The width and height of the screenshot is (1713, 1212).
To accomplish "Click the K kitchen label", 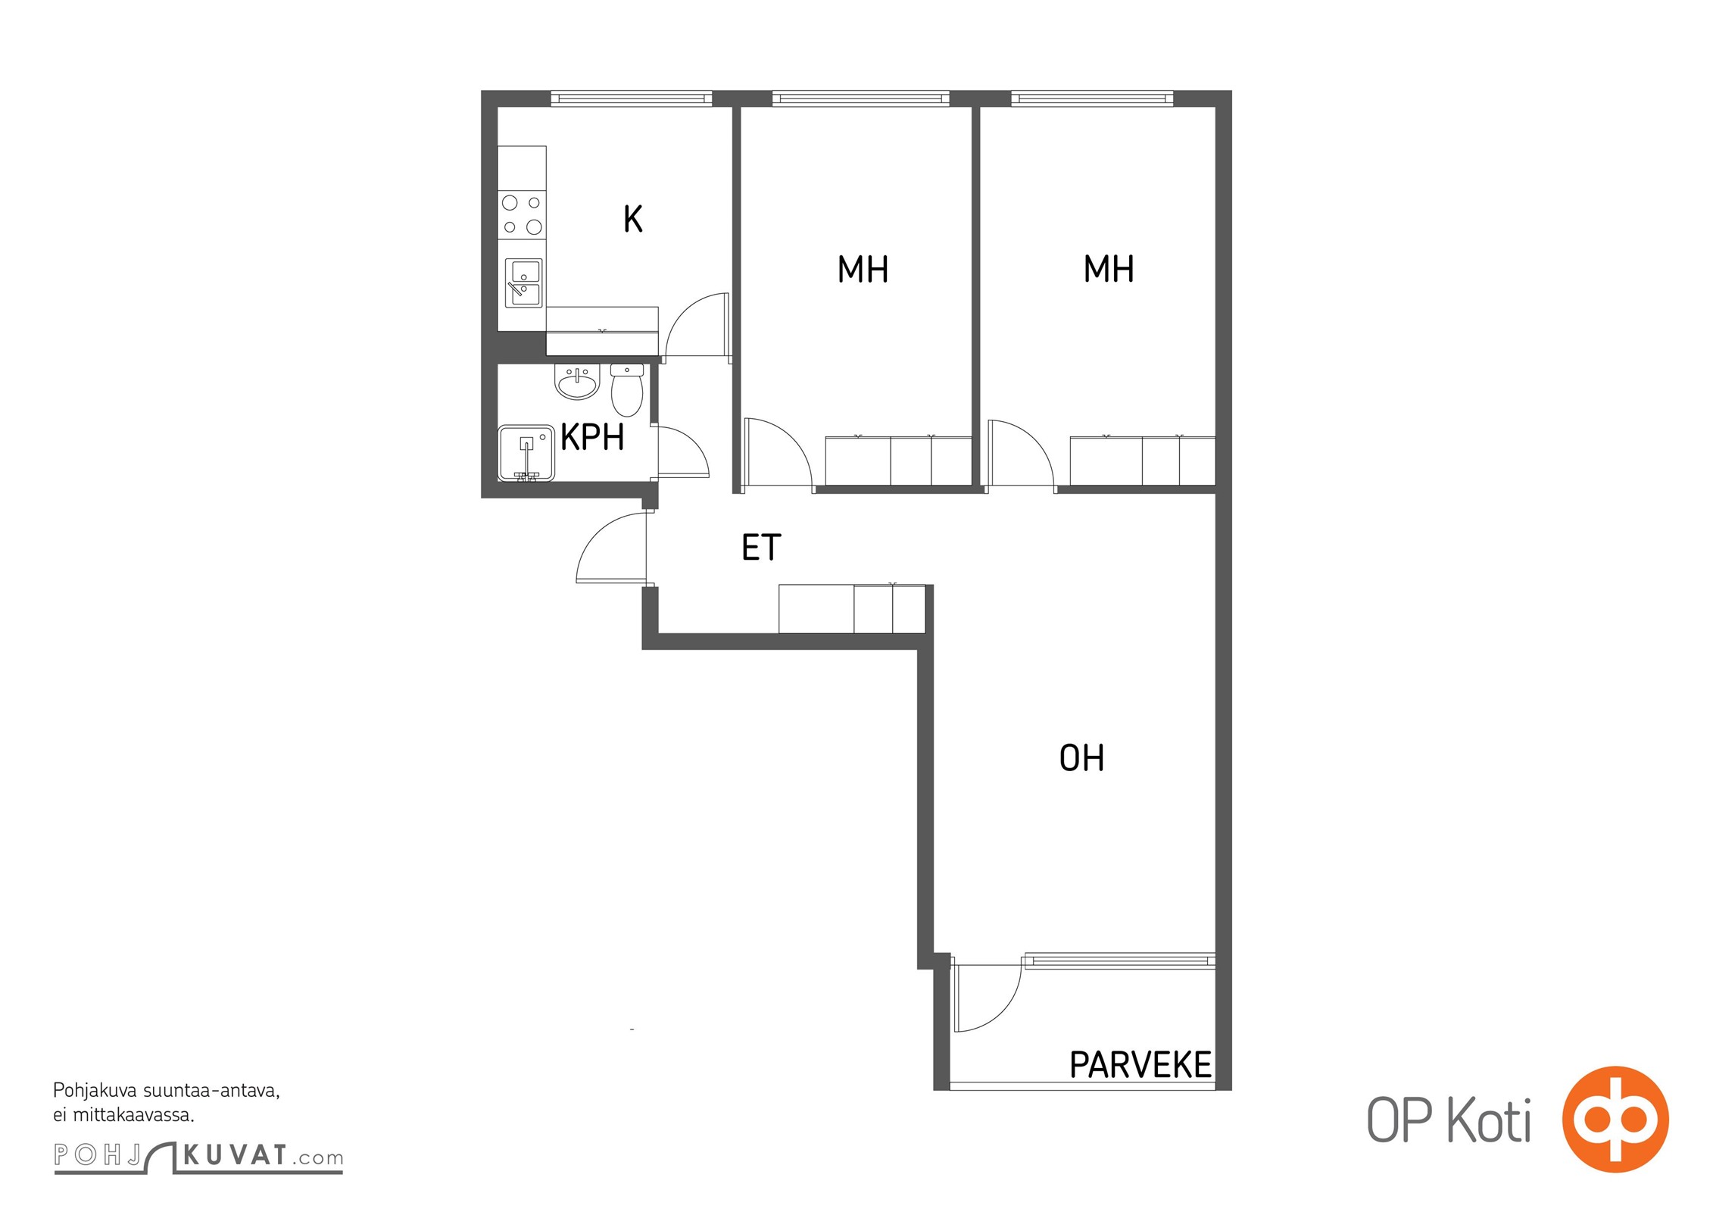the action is pyautogui.click(x=633, y=219).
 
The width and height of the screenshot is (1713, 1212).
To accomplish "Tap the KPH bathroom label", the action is pyautogui.click(x=592, y=437).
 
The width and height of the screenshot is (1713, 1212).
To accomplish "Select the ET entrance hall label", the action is pyautogui.click(x=761, y=548).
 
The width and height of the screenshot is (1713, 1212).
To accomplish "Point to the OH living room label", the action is pyautogui.click(x=1081, y=757).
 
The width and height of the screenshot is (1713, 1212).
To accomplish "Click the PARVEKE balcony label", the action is pyautogui.click(x=1140, y=1065).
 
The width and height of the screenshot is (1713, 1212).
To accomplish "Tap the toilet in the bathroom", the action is pyautogui.click(x=627, y=389).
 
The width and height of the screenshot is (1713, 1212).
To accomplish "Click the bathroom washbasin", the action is pyautogui.click(x=577, y=382).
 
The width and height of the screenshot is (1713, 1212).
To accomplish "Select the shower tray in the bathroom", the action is pyautogui.click(x=526, y=453).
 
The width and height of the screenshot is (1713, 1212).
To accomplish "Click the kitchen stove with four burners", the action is pyautogui.click(x=522, y=214).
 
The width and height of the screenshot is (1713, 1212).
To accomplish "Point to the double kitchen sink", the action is pyautogui.click(x=523, y=283).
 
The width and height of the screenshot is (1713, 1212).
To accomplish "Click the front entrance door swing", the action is pyautogui.click(x=612, y=548).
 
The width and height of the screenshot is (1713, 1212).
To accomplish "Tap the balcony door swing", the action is pyautogui.click(x=988, y=998).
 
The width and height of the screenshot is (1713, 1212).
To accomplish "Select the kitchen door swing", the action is pyautogui.click(x=696, y=324).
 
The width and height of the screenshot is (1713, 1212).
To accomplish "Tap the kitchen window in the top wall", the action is pyautogui.click(x=631, y=98).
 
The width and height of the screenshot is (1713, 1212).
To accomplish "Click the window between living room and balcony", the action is pyautogui.click(x=1119, y=961).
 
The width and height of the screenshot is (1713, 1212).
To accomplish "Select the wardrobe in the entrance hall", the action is pyautogui.click(x=852, y=608).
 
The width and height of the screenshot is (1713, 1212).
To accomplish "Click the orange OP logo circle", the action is pyautogui.click(x=1615, y=1120).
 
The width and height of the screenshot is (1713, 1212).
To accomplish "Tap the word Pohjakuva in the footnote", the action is pyautogui.click(x=95, y=1092).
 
